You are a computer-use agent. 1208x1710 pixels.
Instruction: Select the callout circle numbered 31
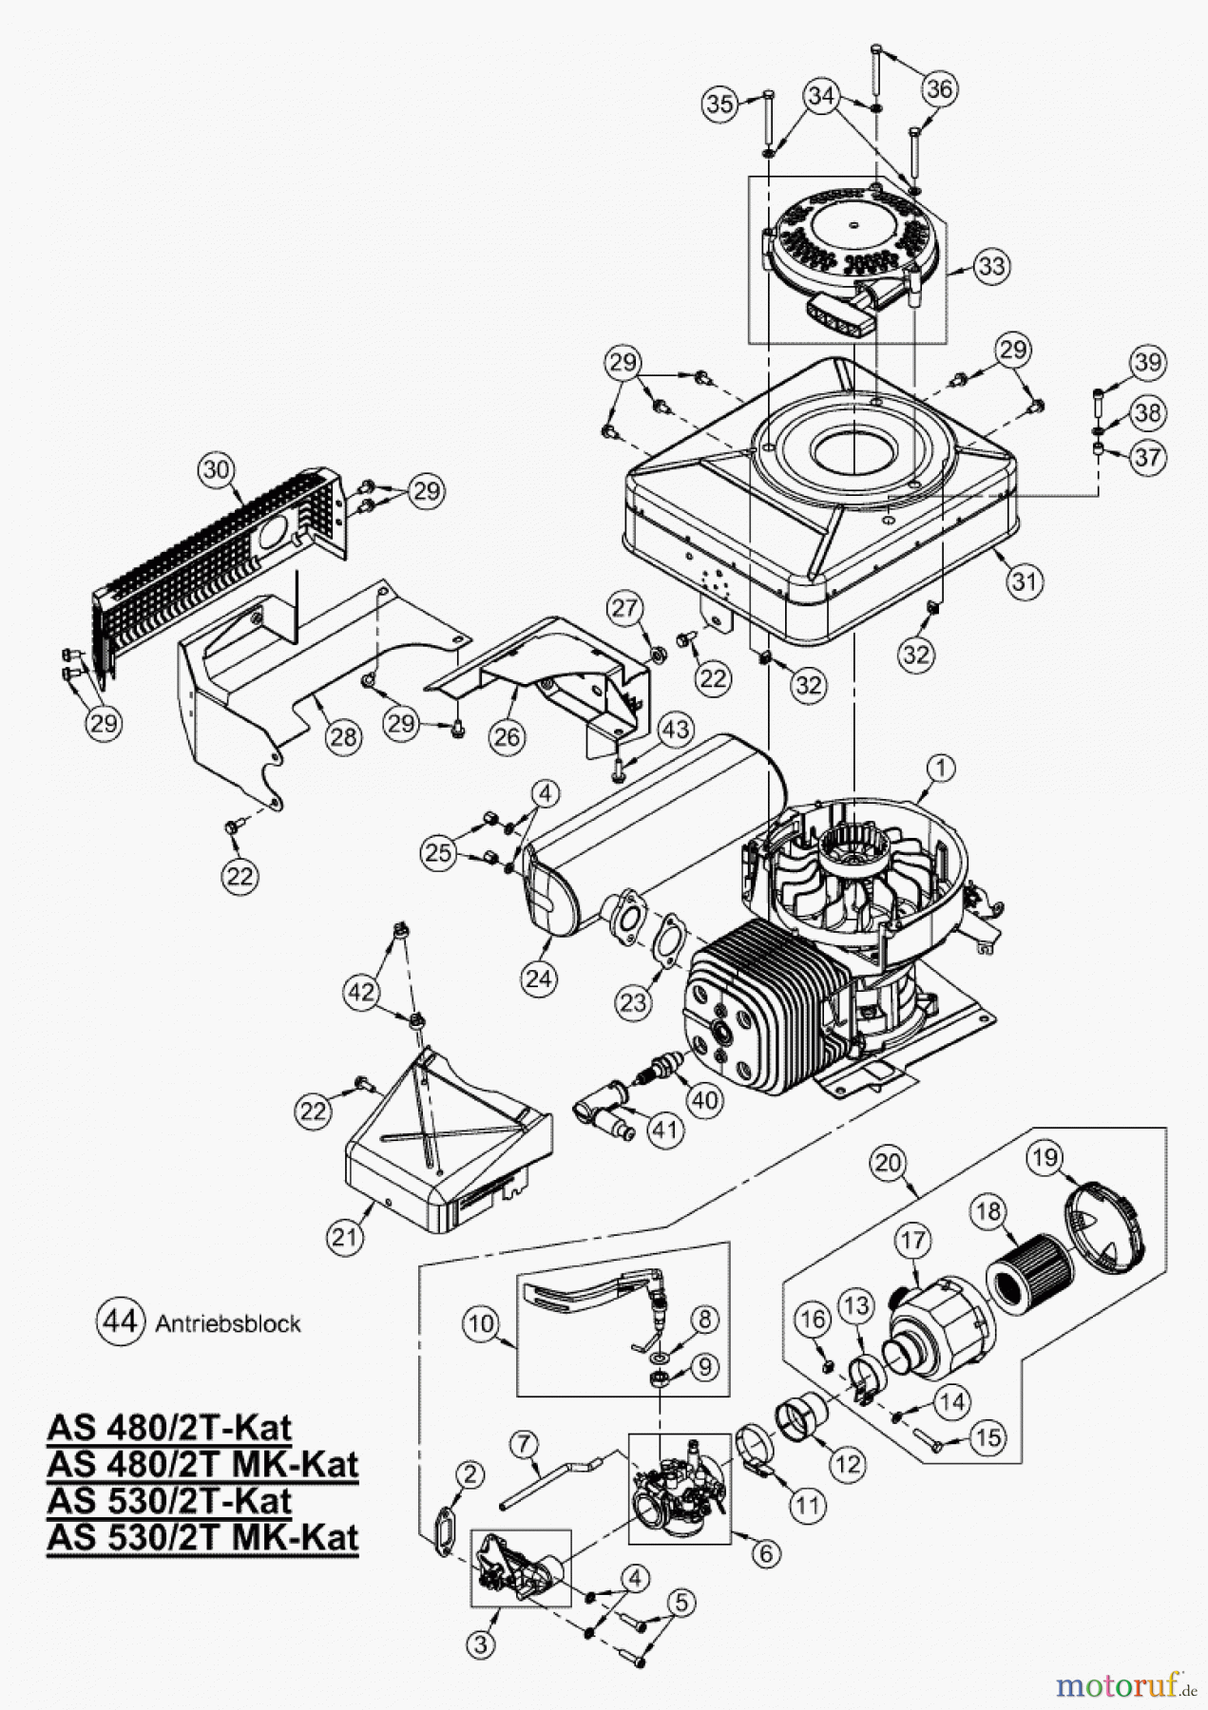coord(1022,579)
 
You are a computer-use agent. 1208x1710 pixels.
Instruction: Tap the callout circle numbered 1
coord(941,767)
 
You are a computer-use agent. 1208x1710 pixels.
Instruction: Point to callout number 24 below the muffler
coord(539,978)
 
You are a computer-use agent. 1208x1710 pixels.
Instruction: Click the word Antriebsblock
coord(227,1323)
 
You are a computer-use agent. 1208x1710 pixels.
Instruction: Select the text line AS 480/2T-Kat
coord(168,1427)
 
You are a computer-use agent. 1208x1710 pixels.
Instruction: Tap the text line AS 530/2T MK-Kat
coord(202,1536)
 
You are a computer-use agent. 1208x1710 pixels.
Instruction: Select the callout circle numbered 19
coord(1045,1156)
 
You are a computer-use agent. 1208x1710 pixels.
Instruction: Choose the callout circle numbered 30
coord(218,468)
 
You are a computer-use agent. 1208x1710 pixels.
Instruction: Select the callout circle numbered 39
coord(1147,362)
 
